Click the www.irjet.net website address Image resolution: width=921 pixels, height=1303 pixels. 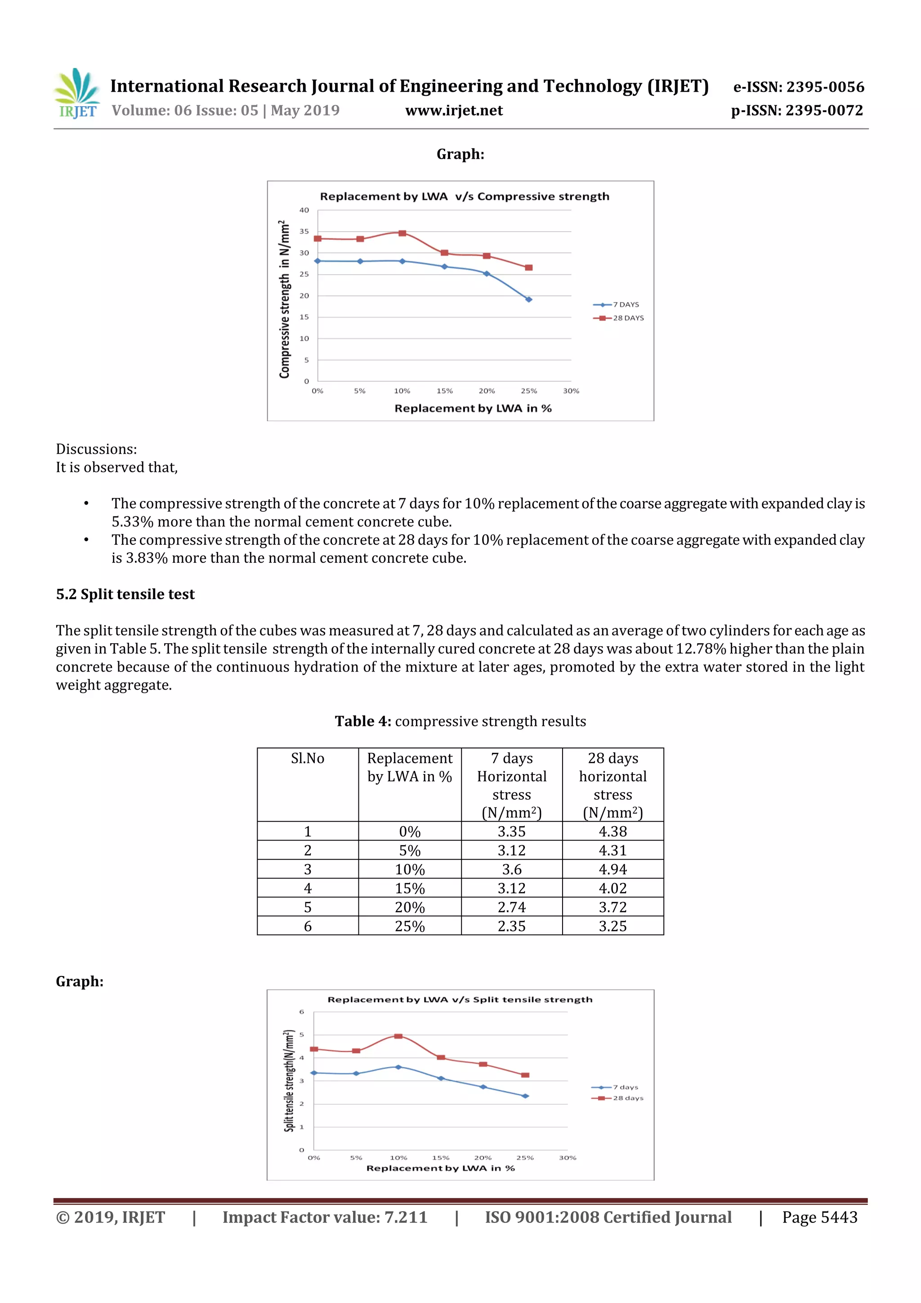(x=454, y=111)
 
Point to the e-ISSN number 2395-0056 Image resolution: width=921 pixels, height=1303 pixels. (x=825, y=87)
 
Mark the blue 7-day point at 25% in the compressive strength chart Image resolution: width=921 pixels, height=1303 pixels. (x=529, y=300)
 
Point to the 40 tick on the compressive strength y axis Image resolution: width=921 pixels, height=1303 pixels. (x=304, y=210)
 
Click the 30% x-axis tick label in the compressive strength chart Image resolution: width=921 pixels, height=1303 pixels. (x=571, y=391)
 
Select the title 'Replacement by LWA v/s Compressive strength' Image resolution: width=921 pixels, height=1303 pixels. (x=464, y=197)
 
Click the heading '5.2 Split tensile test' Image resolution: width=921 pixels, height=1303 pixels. (x=125, y=594)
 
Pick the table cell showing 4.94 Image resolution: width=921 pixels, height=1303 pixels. (x=613, y=869)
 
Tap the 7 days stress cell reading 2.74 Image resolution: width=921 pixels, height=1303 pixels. (x=511, y=907)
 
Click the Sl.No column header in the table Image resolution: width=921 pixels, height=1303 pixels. (x=308, y=758)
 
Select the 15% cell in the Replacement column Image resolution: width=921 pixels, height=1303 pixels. (x=410, y=888)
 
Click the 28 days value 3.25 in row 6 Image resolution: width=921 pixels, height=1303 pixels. (x=613, y=926)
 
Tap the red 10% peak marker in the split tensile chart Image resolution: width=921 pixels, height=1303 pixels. (x=398, y=1036)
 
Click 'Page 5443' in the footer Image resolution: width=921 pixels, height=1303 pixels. (x=819, y=1217)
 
